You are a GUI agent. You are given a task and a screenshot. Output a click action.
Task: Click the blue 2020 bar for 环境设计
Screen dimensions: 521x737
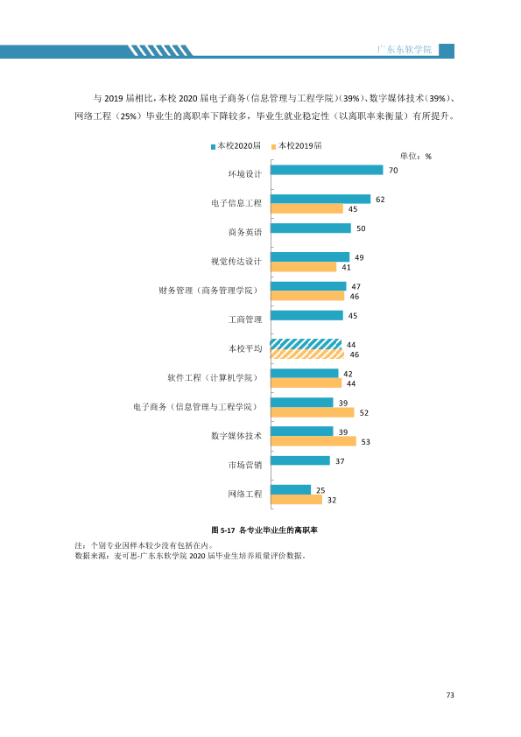click(327, 170)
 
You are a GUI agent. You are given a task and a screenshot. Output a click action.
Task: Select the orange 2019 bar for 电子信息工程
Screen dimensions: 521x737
click(307, 208)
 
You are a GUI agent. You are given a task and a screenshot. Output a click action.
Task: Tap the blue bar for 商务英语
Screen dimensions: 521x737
click(311, 228)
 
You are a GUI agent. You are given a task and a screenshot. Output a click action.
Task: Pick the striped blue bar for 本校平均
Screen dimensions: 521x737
click(306, 344)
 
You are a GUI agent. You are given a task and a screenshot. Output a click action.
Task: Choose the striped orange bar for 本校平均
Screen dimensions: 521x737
click(307, 354)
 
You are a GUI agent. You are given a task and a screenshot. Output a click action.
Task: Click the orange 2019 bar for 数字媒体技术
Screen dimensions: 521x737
click(313, 441)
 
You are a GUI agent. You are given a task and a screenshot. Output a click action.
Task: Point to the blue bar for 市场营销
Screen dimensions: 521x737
click(300, 460)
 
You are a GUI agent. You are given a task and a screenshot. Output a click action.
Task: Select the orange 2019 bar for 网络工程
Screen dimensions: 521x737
click(297, 500)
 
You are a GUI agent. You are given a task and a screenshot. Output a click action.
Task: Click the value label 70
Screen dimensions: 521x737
click(393, 171)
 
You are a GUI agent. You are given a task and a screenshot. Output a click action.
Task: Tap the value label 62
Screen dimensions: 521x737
click(380, 200)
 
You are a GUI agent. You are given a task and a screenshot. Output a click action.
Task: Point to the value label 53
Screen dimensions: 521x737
click(366, 442)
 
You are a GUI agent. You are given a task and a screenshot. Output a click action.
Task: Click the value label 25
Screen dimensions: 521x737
click(320, 491)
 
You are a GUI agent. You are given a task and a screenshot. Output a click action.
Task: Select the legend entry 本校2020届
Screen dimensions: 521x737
click(236, 145)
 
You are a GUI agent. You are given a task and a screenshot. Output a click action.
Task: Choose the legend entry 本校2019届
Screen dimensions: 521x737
click(297, 145)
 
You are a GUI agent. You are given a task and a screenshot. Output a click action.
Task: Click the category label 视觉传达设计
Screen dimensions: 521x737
click(236, 262)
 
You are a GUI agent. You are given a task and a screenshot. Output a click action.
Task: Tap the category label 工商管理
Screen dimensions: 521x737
click(245, 319)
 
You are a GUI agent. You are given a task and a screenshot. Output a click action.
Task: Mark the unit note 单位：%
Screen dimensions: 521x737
click(416, 157)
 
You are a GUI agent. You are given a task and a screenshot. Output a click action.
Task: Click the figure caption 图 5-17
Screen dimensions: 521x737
click(223, 530)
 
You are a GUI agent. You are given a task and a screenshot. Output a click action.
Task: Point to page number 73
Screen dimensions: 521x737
click(450, 695)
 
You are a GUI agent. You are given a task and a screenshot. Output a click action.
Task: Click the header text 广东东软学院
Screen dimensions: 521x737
click(405, 49)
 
